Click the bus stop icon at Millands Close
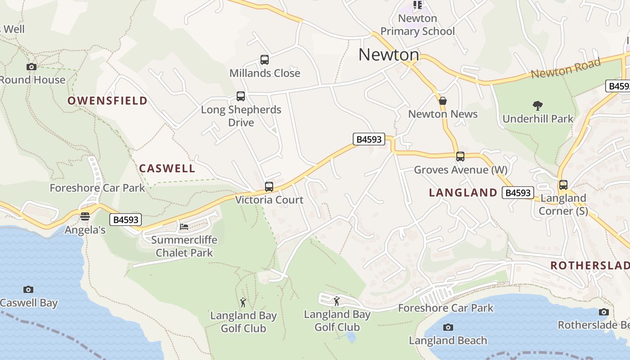point(265,60)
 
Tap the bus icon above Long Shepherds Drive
point(241,96)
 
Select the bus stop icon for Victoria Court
point(269,186)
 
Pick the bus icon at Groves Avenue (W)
point(460,157)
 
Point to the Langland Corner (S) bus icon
point(563,185)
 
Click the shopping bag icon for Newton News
point(443,101)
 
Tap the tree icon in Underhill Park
point(537,106)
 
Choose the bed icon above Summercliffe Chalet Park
point(184,226)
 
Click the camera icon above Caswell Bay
point(28,289)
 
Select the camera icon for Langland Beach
point(448,327)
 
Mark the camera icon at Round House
point(31,67)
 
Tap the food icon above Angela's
point(85,217)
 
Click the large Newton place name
point(389,55)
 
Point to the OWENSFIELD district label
point(108,100)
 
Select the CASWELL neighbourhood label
point(167,169)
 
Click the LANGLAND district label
point(463,193)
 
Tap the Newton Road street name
point(566,68)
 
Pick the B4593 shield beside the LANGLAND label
point(518,193)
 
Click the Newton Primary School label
point(418,25)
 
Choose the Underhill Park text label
point(538,119)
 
